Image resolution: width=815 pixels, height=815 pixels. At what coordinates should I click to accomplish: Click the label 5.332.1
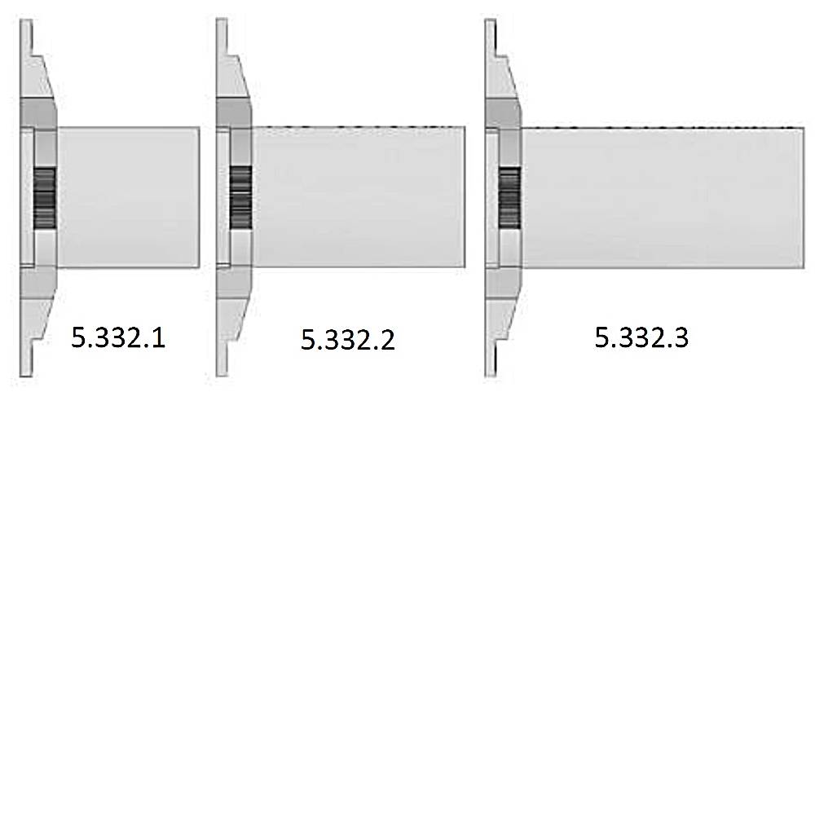118,337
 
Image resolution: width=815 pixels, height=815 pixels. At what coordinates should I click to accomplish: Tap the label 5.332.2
348,339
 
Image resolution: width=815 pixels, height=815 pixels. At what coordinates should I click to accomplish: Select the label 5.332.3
641,337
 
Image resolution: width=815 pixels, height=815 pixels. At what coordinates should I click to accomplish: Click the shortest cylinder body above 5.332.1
128,196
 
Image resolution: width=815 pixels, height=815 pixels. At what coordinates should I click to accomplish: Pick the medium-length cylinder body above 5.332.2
359,196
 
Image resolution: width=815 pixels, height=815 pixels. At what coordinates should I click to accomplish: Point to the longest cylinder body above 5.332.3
663,198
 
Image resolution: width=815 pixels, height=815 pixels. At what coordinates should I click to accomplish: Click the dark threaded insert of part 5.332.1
44,197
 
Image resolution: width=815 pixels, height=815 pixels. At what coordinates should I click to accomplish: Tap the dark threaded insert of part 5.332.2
240,197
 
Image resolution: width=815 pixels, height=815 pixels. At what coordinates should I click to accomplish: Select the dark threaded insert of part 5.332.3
509,197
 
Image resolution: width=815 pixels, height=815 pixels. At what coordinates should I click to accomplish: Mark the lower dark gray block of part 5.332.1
37,282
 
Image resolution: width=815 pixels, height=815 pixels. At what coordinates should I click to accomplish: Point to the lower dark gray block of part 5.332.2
235,282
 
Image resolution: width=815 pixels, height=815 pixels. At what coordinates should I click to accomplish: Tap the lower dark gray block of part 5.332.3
503,282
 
